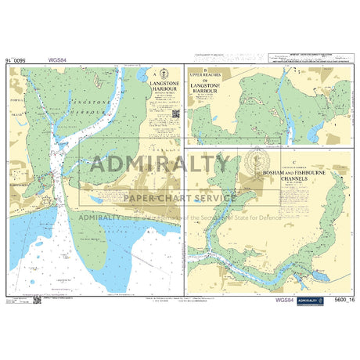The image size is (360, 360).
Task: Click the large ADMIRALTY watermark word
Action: point(160,164)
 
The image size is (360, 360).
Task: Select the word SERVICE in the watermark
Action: point(211,197)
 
